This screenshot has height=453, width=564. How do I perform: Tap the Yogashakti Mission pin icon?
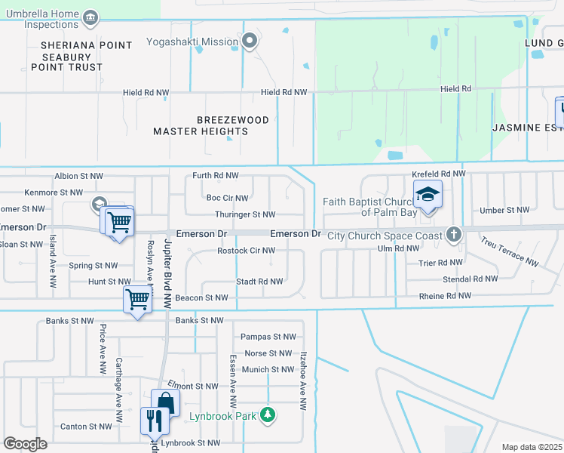tap(250, 42)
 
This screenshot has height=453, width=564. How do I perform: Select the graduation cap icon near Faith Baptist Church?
tap(428, 196)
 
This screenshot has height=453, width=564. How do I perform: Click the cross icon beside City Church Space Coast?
tap(453, 234)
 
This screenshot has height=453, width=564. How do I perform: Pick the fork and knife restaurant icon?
tap(152, 420)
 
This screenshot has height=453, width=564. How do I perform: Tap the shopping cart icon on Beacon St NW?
tap(137, 300)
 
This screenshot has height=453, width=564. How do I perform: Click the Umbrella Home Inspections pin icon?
tap(90, 17)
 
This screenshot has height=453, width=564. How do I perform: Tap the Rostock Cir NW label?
tap(246, 251)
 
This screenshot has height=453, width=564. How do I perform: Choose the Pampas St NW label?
tap(268, 337)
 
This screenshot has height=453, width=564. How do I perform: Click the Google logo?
tap(25, 444)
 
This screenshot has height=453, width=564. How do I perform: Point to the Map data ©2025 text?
tap(532, 447)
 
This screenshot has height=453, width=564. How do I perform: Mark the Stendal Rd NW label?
tap(470, 279)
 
